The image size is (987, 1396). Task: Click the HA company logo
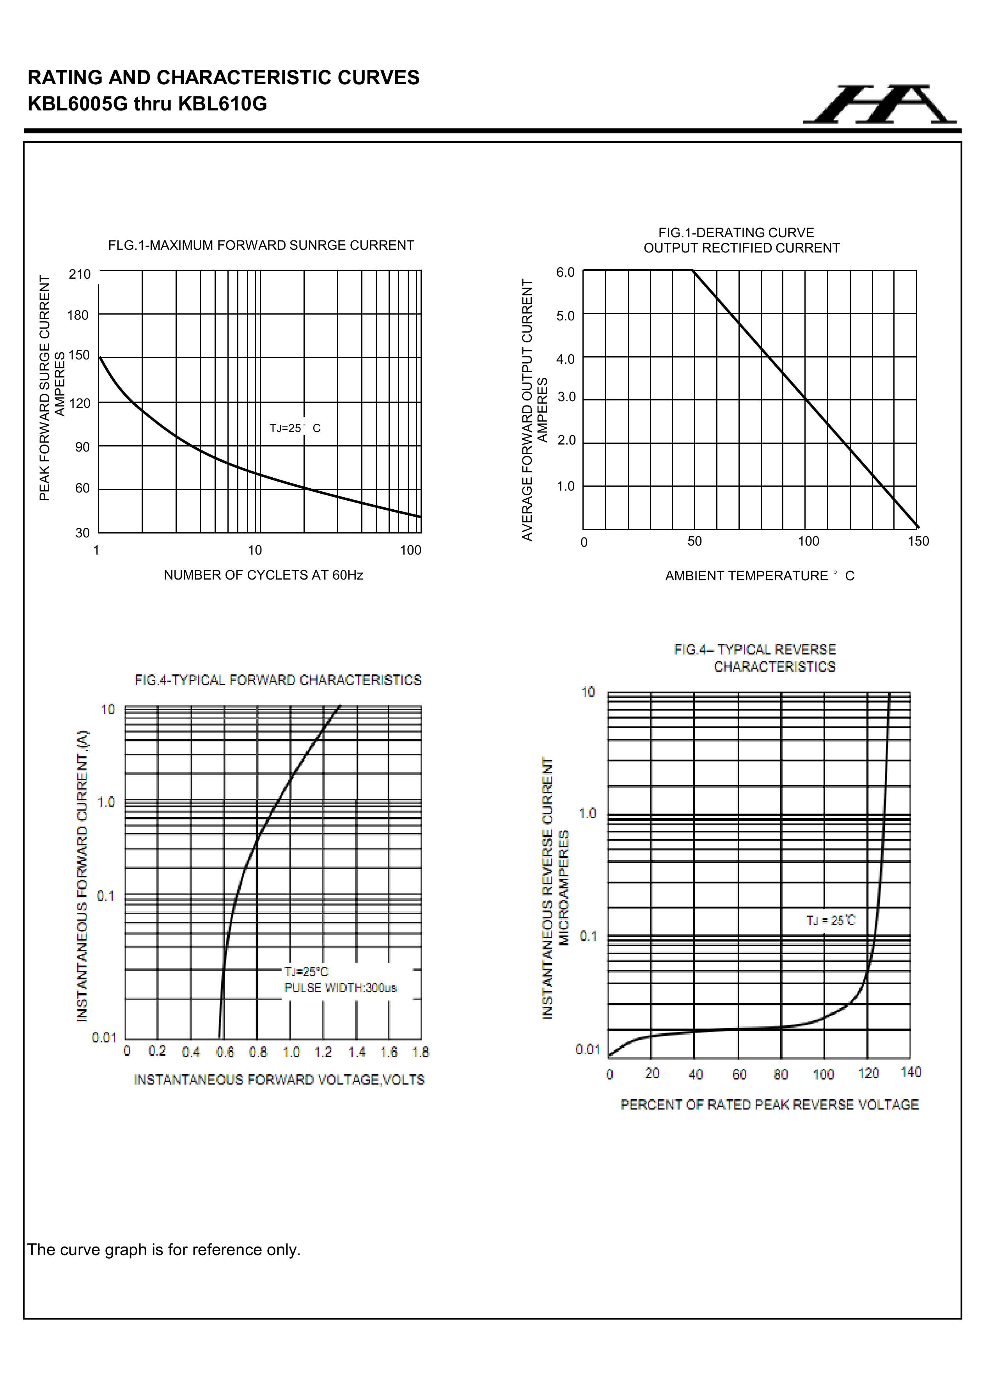(x=879, y=105)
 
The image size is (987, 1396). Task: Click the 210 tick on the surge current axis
(x=80, y=274)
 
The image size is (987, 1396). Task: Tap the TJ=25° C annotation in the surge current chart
(x=295, y=428)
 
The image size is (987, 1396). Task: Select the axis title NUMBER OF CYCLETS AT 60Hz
(x=263, y=575)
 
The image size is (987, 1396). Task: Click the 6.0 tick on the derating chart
(x=565, y=272)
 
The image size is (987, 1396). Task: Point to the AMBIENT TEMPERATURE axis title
(x=759, y=576)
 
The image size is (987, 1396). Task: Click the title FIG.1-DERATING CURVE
(x=736, y=233)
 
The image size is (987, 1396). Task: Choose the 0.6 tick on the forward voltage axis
(x=225, y=1052)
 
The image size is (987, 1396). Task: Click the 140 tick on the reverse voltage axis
(x=911, y=1072)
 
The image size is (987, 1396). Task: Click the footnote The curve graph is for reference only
(x=164, y=1250)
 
